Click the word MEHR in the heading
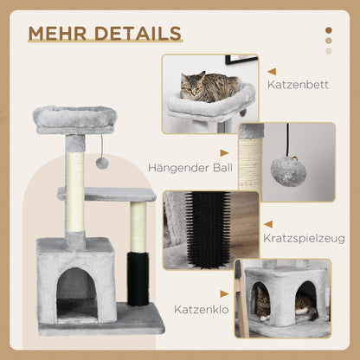pos(56,33)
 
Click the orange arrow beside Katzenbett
pos(271,72)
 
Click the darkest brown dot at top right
pos(328,30)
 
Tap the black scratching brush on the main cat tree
pos(138,278)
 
